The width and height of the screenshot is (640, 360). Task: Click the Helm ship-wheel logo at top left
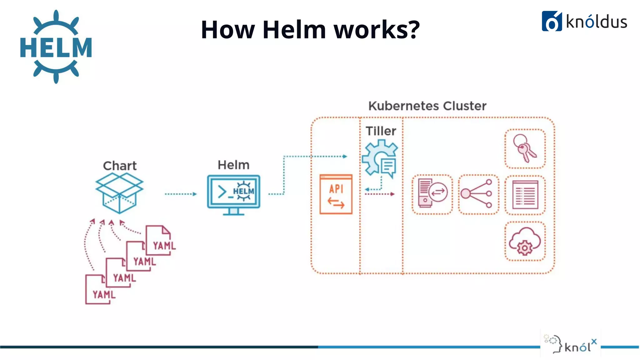[56, 47]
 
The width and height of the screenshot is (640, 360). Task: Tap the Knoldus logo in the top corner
[584, 21]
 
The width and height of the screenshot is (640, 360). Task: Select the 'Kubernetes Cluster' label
[427, 106]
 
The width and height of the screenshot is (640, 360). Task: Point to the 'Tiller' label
[381, 131]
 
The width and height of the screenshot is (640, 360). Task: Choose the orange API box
[336, 194]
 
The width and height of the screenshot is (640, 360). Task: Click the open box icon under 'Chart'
[119, 192]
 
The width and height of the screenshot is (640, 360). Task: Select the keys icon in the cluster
[525, 148]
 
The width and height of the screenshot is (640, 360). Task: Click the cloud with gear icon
[525, 241]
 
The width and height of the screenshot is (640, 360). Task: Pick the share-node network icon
[478, 194]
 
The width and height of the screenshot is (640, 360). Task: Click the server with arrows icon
[432, 194]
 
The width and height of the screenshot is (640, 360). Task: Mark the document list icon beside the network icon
[525, 195]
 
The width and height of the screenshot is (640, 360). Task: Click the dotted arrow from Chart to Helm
[181, 194]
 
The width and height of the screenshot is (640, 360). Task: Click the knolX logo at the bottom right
[571, 343]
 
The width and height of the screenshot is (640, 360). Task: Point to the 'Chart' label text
[120, 166]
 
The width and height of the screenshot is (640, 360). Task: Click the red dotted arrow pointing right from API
[379, 194]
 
